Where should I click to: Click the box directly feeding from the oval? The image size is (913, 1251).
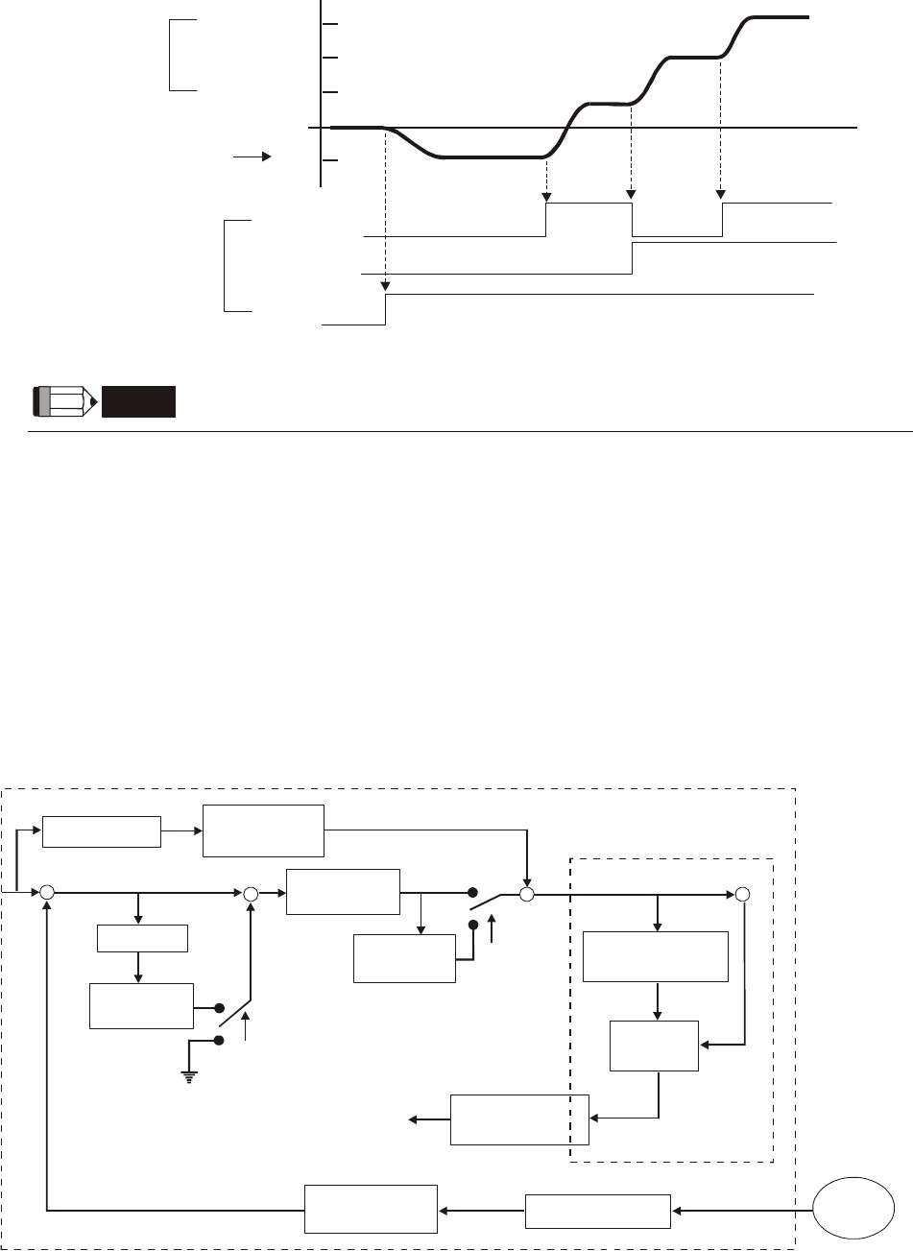click(x=598, y=1211)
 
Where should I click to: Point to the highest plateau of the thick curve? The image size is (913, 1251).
click(x=778, y=17)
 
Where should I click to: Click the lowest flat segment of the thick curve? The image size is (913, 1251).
click(x=490, y=156)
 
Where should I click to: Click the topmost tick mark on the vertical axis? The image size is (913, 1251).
click(x=330, y=24)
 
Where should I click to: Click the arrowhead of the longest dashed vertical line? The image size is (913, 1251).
click(x=385, y=285)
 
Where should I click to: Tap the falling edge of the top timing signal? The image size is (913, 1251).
click(x=633, y=219)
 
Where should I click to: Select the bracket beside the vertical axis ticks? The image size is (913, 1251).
click(x=173, y=55)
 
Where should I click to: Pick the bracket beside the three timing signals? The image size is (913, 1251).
click(x=228, y=265)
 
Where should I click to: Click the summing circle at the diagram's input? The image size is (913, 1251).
click(x=46, y=894)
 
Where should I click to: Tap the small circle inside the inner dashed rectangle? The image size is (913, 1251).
click(x=741, y=895)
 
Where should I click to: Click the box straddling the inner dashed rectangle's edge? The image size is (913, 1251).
click(x=519, y=1119)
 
